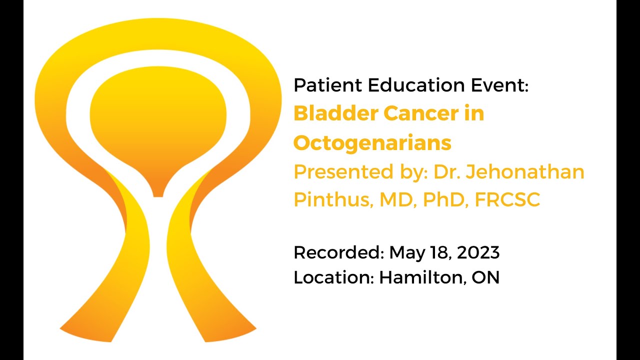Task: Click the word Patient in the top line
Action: click(328, 85)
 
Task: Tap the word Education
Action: click(416, 85)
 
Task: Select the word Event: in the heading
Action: click(499, 85)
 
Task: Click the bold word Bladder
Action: click(336, 113)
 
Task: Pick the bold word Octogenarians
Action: click(372, 142)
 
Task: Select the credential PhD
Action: click(443, 199)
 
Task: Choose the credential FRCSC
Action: click(507, 199)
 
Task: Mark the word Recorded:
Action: click(338, 252)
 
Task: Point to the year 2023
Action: click(478, 252)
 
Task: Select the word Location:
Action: click(333, 277)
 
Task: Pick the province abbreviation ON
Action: click(485, 277)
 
